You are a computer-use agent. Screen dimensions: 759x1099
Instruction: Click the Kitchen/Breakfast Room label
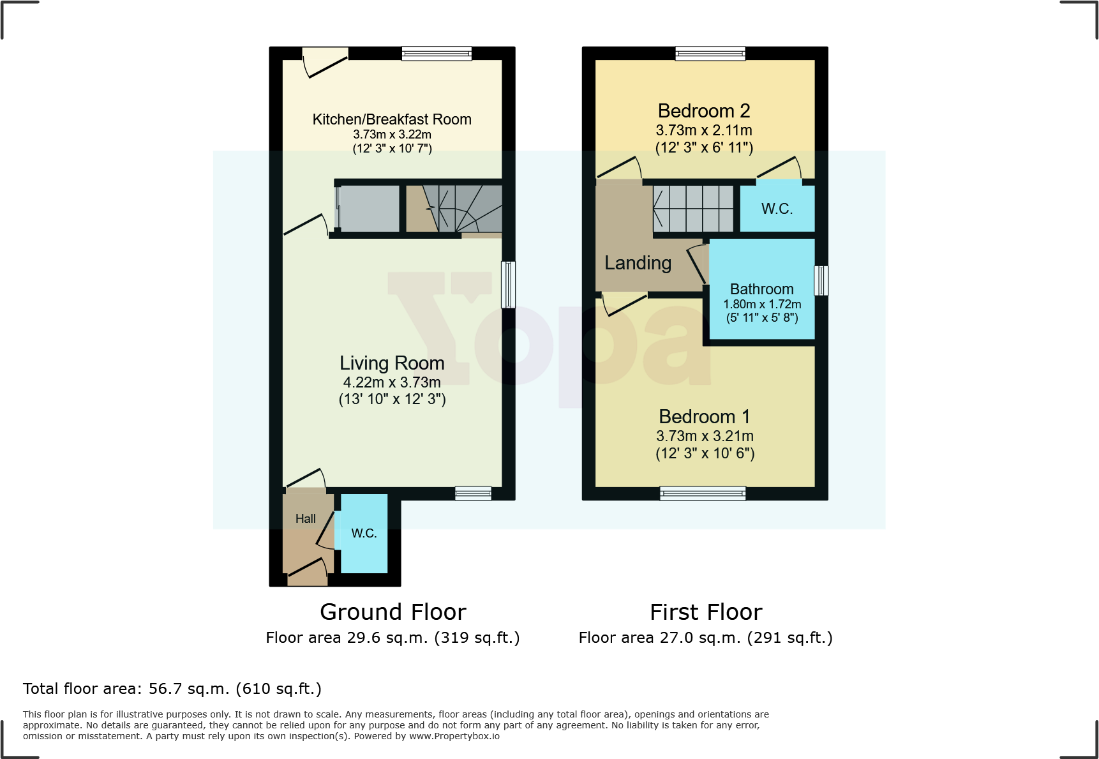tap(392, 119)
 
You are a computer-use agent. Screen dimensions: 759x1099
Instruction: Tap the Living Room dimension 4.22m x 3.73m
tap(392, 382)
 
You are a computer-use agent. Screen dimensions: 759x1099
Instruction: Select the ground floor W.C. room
tap(364, 534)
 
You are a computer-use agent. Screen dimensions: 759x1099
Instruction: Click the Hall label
tap(305, 519)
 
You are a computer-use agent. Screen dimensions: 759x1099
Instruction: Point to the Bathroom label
tap(761, 289)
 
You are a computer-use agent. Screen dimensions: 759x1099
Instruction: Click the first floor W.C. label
tap(777, 209)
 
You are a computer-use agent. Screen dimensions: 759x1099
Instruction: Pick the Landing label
tap(638, 263)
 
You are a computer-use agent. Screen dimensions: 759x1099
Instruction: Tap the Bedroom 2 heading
tap(704, 111)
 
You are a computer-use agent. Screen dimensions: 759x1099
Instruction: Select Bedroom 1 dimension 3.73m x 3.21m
tap(705, 436)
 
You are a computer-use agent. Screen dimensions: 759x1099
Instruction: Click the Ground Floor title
tap(392, 612)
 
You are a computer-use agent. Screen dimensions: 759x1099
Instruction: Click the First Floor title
tap(706, 612)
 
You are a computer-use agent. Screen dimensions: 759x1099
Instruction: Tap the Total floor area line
tap(172, 689)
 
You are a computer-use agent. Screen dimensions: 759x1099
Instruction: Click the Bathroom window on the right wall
tap(821, 281)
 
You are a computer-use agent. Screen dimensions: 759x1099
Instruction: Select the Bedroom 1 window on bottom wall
tap(703, 493)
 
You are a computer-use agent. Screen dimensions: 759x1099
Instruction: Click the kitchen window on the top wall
tap(437, 54)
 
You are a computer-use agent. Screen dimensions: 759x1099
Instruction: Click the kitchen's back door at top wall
tap(325, 63)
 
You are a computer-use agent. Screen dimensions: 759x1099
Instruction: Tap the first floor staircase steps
tap(693, 209)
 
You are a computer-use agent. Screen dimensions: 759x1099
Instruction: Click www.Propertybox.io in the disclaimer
tap(454, 736)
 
